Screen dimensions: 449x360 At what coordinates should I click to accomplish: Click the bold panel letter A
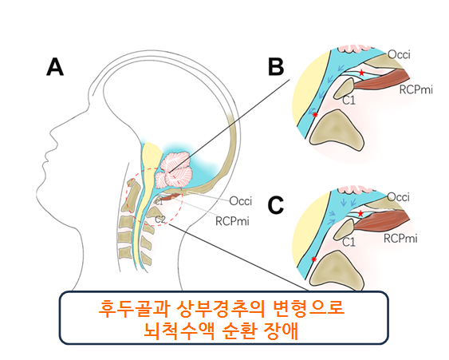(x=55, y=67)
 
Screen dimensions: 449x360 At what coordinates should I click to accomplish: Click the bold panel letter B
(x=276, y=67)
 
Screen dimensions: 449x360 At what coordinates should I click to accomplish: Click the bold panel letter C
(x=275, y=205)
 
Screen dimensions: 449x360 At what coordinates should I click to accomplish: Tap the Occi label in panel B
(x=400, y=54)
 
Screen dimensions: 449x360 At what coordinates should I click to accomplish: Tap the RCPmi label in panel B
(x=416, y=89)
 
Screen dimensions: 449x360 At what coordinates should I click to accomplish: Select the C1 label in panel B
(x=349, y=101)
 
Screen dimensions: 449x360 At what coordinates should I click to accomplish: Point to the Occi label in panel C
(x=398, y=197)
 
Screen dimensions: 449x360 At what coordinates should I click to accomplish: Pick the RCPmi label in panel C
(x=400, y=239)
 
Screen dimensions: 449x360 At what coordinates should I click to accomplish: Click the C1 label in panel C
(x=349, y=243)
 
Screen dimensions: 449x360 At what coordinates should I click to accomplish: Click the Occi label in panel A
(x=241, y=201)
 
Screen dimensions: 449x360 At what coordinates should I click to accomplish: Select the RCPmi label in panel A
(x=232, y=221)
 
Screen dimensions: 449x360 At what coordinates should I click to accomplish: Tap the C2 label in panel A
(x=160, y=220)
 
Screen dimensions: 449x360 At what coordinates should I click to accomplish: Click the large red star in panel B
(x=361, y=73)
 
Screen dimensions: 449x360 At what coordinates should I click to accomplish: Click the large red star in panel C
(x=360, y=214)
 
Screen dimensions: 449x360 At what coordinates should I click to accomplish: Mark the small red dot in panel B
(x=315, y=115)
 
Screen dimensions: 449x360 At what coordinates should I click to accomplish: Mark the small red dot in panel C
(x=314, y=259)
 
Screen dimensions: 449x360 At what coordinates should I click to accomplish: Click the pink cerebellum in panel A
(x=174, y=171)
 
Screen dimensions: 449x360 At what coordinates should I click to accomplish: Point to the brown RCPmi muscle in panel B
(x=382, y=81)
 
